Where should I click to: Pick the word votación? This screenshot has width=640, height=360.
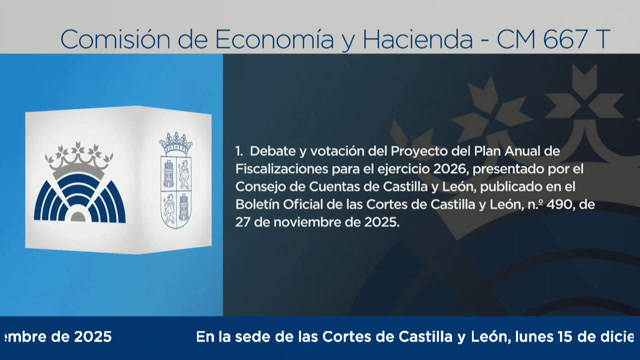343,150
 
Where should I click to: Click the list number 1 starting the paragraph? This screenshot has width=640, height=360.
239,150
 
